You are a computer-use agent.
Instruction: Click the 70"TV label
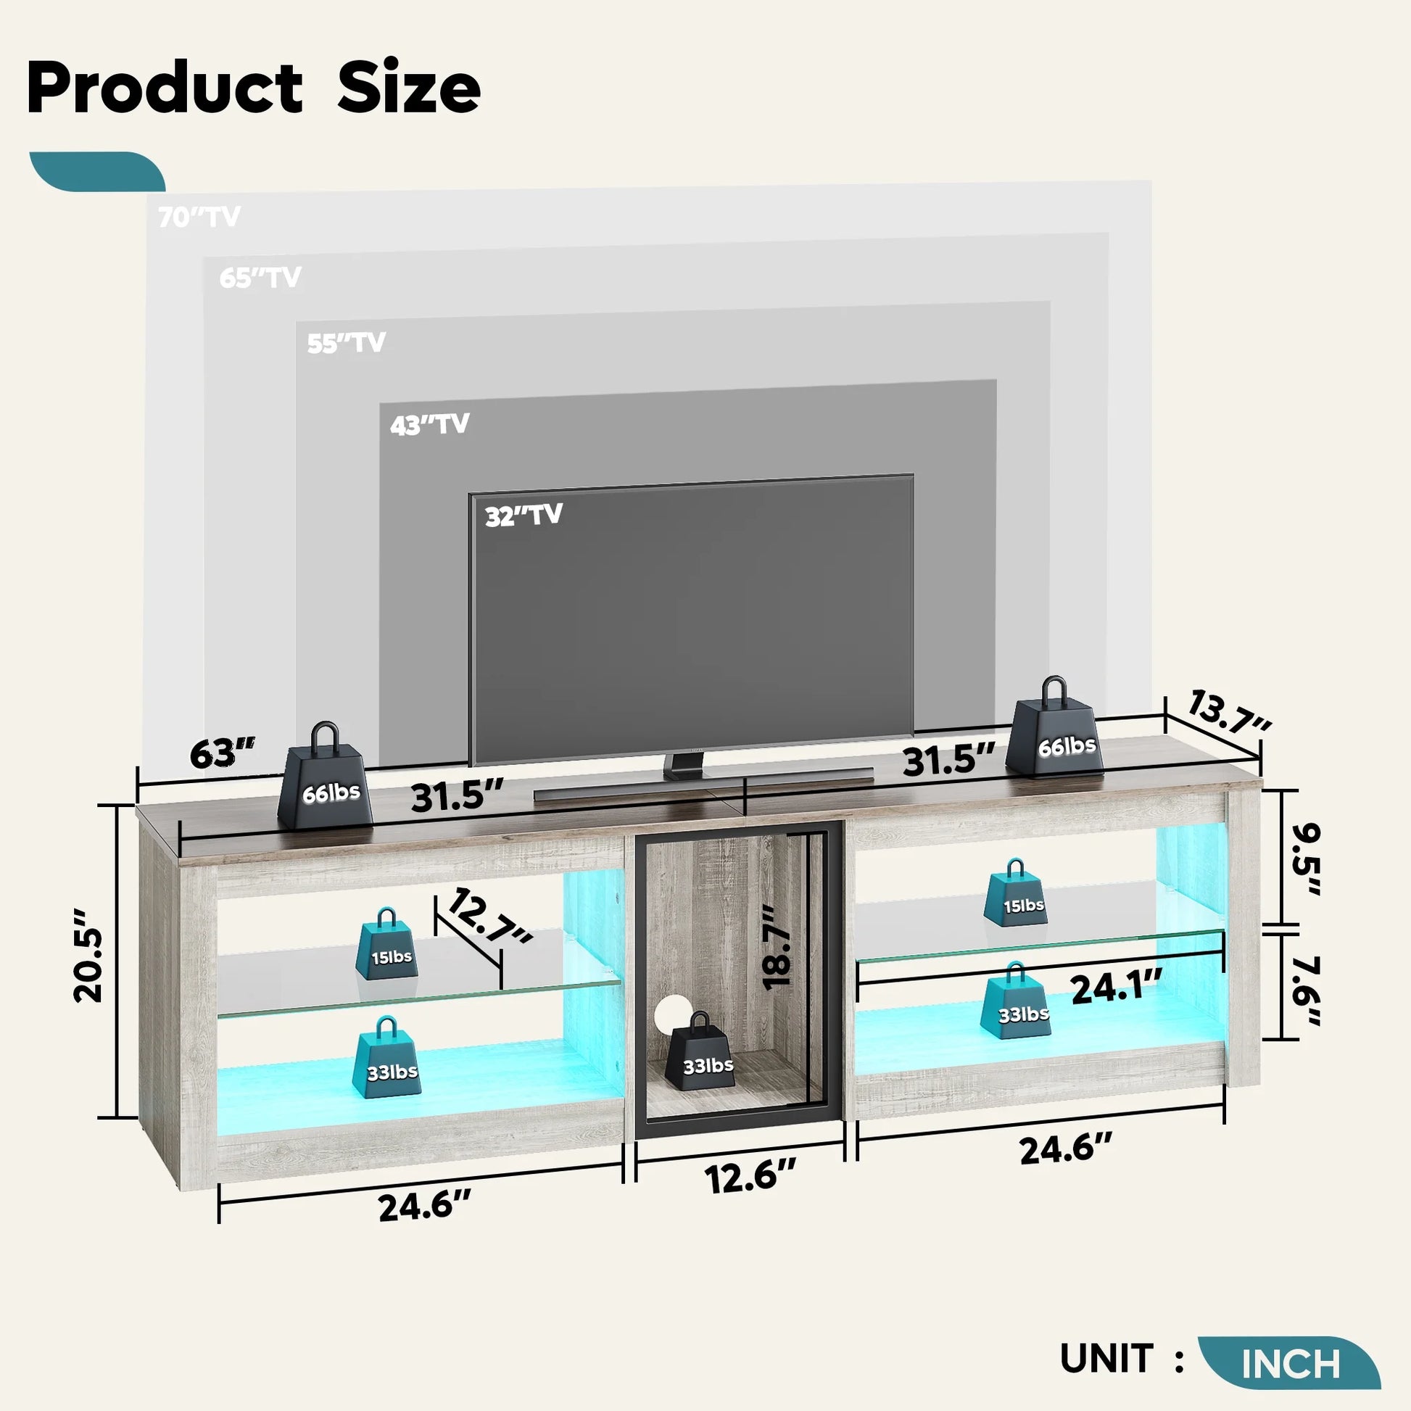pyautogui.click(x=199, y=217)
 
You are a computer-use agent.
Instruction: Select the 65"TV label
pyautogui.click(x=260, y=278)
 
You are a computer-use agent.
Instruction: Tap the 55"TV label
pyautogui.click(x=346, y=342)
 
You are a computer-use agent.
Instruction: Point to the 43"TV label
pyautogui.click(x=429, y=424)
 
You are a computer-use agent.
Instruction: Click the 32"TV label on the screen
pyautogui.click(x=524, y=515)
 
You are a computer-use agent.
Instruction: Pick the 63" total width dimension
pyautogui.click(x=222, y=753)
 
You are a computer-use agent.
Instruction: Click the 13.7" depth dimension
pyautogui.click(x=1229, y=711)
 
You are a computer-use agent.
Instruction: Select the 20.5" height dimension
pyautogui.click(x=89, y=955)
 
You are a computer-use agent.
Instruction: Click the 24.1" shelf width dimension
pyautogui.click(x=1116, y=989)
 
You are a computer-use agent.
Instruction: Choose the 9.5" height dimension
pyautogui.click(x=1305, y=861)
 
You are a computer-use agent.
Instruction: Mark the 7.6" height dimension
pyautogui.click(x=1305, y=990)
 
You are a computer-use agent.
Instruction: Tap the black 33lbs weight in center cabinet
pyautogui.click(x=700, y=1051)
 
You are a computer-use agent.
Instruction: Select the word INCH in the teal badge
pyautogui.click(x=1291, y=1363)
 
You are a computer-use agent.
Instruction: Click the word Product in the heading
pyautogui.click(x=165, y=88)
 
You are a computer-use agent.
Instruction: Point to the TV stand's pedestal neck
pyautogui.click(x=685, y=763)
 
